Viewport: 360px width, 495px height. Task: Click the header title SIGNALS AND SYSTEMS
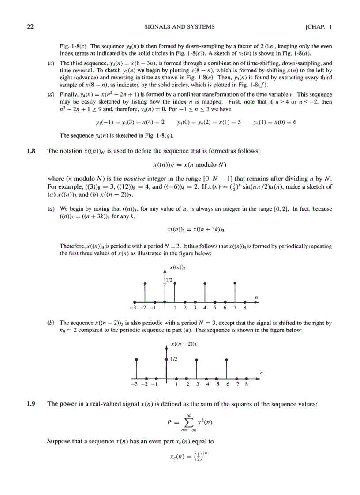[x=180, y=27]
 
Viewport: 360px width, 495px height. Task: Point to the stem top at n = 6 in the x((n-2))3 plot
[x=226, y=360]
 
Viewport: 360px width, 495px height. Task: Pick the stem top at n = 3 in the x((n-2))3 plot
[x=196, y=360]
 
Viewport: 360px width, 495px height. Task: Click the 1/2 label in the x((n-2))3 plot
[x=174, y=359]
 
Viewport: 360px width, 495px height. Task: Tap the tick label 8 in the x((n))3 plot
[x=245, y=309]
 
